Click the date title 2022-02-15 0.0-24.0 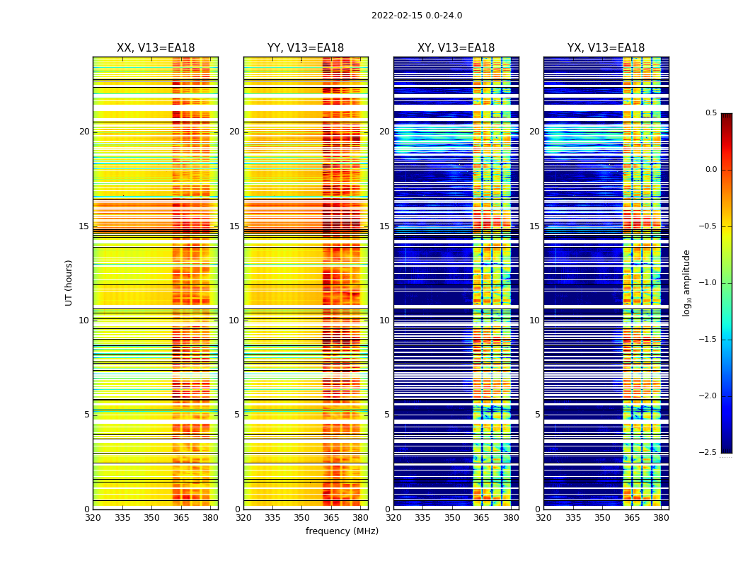(x=417, y=16)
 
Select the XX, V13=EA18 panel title (x=156, y=48)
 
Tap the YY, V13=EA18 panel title (x=306, y=48)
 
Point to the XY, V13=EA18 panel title (x=456, y=48)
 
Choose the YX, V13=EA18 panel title (x=606, y=48)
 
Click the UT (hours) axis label (x=69, y=282)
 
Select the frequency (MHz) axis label (x=342, y=531)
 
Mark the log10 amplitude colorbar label (x=686, y=282)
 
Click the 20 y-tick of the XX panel (x=84, y=132)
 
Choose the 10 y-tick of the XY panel (x=384, y=320)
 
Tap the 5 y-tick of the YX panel (x=537, y=415)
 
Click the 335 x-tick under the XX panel (x=122, y=518)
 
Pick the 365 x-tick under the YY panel (x=331, y=518)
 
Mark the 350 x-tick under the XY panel (x=452, y=518)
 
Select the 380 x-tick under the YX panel (x=661, y=518)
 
